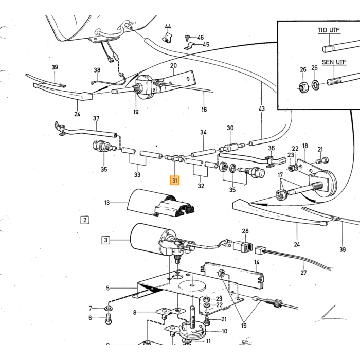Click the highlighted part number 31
click(174, 181)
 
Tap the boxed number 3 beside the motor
click(105, 240)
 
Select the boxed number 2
click(85, 220)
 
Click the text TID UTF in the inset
click(329, 30)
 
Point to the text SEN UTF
click(334, 62)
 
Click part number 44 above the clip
click(168, 27)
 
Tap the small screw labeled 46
click(187, 38)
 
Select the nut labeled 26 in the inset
click(302, 87)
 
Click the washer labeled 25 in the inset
click(315, 85)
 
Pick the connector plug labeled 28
click(243, 246)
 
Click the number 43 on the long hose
click(261, 109)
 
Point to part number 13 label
click(107, 203)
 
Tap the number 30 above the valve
click(230, 128)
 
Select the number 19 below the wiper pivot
click(136, 112)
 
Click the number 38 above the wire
click(97, 70)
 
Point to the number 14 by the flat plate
click(257, 262)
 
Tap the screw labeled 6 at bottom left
click(109, 319)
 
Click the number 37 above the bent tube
click(96, 118)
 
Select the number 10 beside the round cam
click(224, 331)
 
